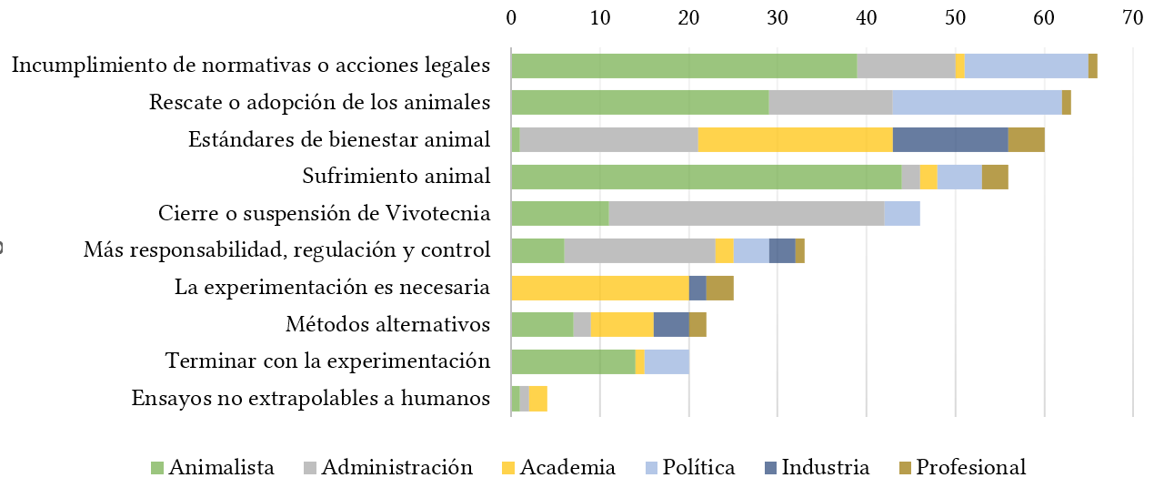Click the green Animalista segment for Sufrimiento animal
pos(706,177)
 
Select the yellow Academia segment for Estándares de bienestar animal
pos(795,139)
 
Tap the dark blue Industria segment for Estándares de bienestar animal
pos(950,139)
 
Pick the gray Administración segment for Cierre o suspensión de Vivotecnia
pos(746,214)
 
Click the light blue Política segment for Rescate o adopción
pos(977,102)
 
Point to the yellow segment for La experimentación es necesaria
pos(600,288)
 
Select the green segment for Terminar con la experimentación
pos(573,361)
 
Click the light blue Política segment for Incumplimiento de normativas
pos(1026,66)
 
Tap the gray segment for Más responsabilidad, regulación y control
pos(639,250)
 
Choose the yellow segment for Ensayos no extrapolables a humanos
pos(537,399)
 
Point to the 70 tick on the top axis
pos(1132,16)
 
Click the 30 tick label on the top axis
pos(778,16)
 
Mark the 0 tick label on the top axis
pos(511,16)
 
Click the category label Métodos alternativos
pos(387,324)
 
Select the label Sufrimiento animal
pos(396,177)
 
